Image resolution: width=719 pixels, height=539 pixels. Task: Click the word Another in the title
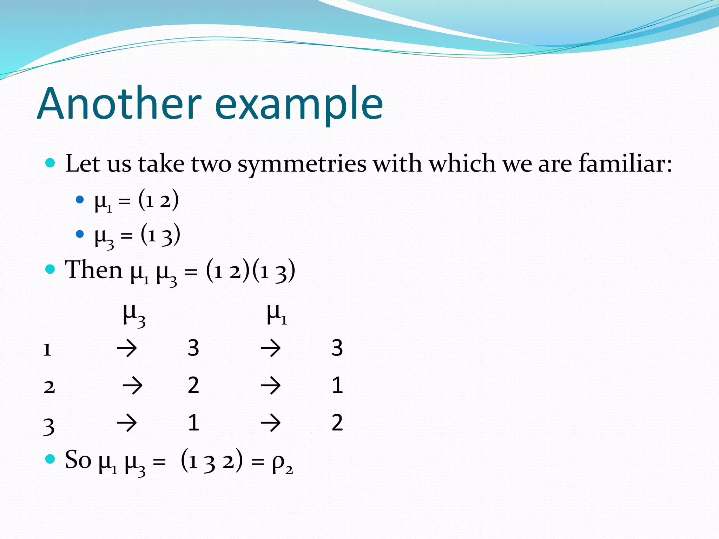(119, 104)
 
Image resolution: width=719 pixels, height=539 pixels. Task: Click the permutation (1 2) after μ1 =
(159, 200)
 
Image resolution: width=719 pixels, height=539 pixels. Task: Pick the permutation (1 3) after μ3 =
(160, 235)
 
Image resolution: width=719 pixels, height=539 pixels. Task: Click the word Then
(94, 270)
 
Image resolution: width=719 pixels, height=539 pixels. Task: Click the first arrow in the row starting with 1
(127, 348)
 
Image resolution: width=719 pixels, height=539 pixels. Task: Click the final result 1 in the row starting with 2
(337, 385)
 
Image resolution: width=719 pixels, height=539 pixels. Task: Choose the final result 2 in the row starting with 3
(337, 422)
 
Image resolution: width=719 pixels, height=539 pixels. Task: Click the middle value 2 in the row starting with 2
(193, 385)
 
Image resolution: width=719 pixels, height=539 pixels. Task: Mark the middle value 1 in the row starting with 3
(193, 422)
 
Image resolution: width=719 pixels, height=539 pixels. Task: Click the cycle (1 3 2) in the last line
(212, 460)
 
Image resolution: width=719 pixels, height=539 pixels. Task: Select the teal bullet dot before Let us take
(51, 163)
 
